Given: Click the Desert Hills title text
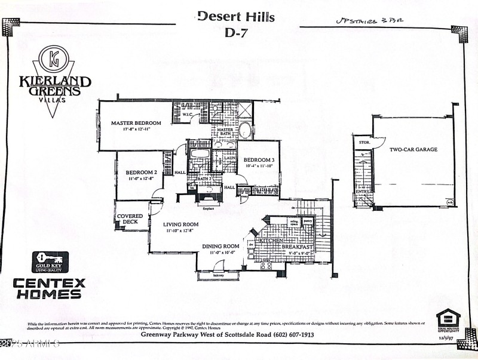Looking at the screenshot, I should (236, 16).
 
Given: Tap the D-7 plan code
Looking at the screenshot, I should (236, 33).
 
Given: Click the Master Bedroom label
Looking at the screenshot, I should (136, 124).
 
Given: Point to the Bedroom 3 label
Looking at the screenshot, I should (259, 159).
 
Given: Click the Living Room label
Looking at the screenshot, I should (182, 224).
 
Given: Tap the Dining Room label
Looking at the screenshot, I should (221, 246).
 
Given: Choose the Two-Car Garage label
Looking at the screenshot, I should (413, 149).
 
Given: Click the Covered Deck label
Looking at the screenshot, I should (130, 219).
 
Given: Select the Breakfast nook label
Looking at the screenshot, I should (298, 247).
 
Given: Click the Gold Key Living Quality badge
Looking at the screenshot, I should (50, 261).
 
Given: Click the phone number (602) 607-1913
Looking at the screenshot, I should (292, 334).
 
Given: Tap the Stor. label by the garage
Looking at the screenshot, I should (362, 143).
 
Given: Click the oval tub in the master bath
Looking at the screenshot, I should (245, 130).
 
